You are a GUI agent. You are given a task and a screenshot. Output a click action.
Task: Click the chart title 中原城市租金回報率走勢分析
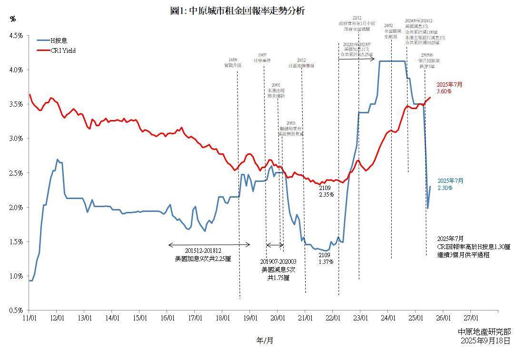click(x=237, y=11)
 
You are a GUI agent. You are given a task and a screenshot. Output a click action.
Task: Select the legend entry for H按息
click(x=59, y=41)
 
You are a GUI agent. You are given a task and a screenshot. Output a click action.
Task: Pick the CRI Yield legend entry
click(x=63, y=50)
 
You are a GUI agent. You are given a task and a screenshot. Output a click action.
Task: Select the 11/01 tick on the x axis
click(x=30, y=318)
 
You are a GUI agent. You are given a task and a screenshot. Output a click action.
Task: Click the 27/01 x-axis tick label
click(x=471, y=318)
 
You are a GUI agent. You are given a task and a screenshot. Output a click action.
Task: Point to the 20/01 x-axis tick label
click(x=278, y=318)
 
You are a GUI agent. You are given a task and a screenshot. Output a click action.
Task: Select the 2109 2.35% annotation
click(x=326, y=191)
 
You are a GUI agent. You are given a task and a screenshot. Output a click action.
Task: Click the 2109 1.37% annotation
click(x=326, y=259)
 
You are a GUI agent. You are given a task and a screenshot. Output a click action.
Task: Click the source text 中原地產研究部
click(x=484, y=332)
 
